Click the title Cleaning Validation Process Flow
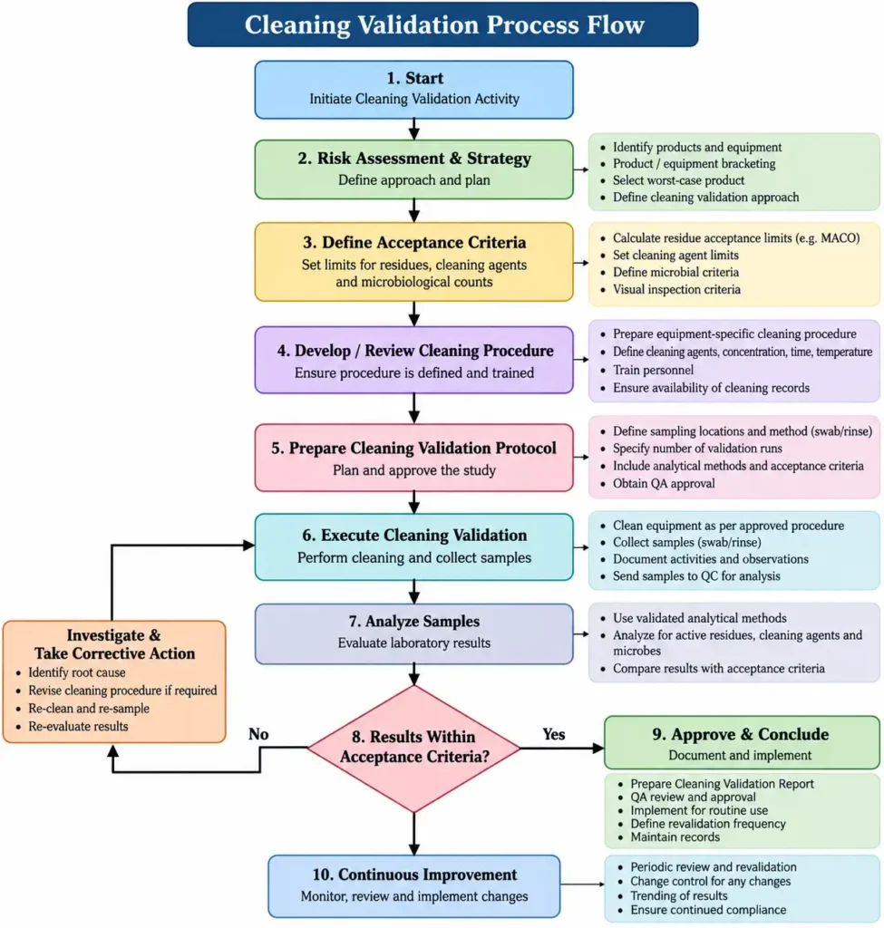(444, 24)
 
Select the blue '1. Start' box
(413, 90)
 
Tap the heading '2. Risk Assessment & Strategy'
(414, 158)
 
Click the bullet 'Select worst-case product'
(678, 180)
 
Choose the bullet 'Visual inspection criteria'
(676, 289)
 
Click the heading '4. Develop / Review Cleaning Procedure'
(415, 351)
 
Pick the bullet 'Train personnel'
(653, 370)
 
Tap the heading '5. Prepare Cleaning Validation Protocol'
(413, 448)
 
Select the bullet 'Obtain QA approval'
(663, 483)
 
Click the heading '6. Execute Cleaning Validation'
(414, 535)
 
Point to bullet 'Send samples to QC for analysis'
(696, 575)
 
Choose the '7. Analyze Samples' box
(413, 633)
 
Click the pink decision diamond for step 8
(413, 748)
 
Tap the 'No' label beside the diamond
(258, 734)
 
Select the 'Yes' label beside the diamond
(554, 734)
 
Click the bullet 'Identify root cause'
(76, 672)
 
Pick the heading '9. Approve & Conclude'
(740, 734)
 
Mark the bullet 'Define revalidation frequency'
(707, 823)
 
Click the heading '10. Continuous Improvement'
(414, 875)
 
